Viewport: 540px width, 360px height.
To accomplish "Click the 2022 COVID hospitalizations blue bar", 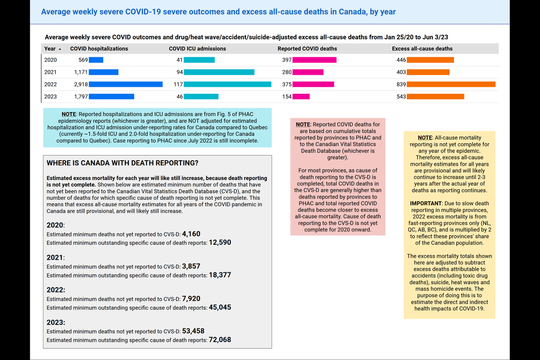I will (x=125, y=84).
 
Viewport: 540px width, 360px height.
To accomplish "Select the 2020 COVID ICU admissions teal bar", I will (x=199, y=60).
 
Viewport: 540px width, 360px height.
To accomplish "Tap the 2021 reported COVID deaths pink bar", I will (x=308, y=72).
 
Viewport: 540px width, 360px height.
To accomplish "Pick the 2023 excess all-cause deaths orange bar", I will (x=435, y=96).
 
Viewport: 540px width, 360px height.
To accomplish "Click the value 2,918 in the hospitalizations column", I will (x=79, y=84).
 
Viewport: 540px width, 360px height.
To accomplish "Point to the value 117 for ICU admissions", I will (x=178, y=84).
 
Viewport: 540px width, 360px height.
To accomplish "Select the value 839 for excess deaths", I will (x=400, y=84).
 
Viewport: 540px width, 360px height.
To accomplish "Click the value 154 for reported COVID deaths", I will (x=287, y=96).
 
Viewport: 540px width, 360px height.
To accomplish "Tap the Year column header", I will (x=49, y=49).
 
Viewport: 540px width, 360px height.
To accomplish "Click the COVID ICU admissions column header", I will (x=197, y=49).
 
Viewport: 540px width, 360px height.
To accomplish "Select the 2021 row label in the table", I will (x=50, y=72).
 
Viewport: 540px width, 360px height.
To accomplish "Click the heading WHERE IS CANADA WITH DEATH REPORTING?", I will (x=122, y=163).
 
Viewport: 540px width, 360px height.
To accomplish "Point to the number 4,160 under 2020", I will (x=191, y=234).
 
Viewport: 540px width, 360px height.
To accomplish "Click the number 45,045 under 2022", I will (x=220, y=307).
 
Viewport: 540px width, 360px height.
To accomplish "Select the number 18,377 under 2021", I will (x=220, y=275).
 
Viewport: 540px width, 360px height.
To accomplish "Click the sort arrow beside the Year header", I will (x=60, y=49).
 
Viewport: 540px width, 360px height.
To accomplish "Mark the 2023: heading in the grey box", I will (x=56, y=322).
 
